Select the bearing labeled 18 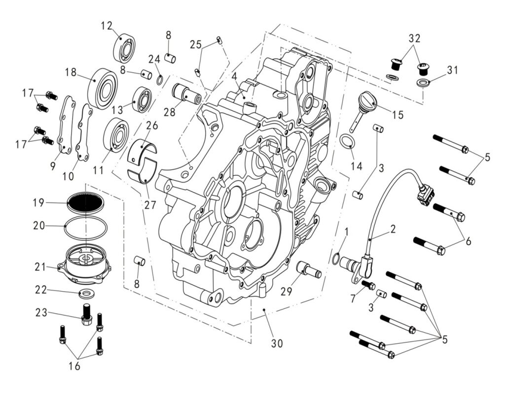click(x=103, y=88)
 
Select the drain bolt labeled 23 click(x=87, y=313)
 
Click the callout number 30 click(x=277, y=343)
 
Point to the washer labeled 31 click(x=423, y=82)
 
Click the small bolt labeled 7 click(x=368, y=285)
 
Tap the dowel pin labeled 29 click(x=309, y=270)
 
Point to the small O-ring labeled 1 click(x=336, y=258)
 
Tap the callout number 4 click(x=235, y=77)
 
